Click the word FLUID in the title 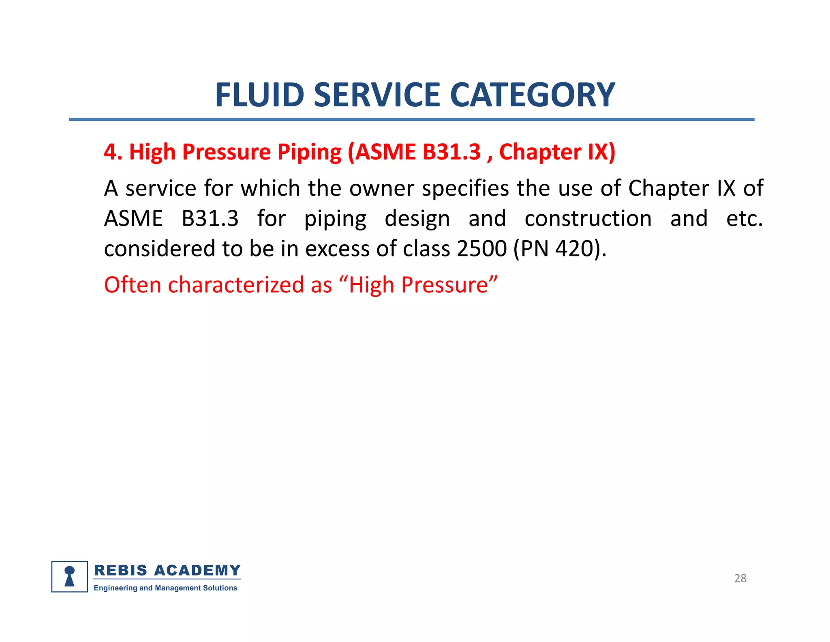259,95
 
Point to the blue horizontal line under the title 411,119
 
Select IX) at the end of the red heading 601,153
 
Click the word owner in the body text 382,188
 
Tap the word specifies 466,189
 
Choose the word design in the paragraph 417,219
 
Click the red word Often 133,284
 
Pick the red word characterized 236,284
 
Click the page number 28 740,578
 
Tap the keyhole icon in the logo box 70,576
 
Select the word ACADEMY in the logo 197,570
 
